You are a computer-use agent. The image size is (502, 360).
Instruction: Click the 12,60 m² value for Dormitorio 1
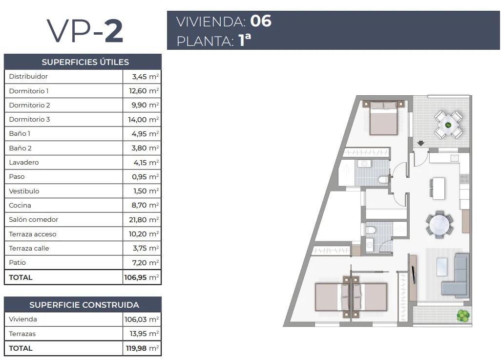click(144, 91)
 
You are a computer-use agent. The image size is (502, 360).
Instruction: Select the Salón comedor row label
click(34, 219)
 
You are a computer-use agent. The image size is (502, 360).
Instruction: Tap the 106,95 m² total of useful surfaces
click(142, 277)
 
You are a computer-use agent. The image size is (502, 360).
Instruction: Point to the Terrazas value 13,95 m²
click(144, 334)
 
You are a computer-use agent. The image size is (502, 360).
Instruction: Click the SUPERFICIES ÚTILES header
click(85, 62)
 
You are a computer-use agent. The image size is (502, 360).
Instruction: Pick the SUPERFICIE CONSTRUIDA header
click(84, 305)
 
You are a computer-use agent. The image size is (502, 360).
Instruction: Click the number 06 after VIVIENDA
click(261, 21)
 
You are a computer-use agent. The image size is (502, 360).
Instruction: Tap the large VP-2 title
click(85, 31)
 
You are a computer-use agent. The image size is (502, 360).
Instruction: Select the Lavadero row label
click(24, 162)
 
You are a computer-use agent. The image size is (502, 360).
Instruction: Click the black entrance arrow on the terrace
click(420, 143)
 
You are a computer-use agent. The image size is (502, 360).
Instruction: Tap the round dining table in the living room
click(439, 225)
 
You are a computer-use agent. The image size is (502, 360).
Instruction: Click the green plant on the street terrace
click(463, 316)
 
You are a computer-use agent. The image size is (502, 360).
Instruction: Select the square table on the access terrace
click(448, 125)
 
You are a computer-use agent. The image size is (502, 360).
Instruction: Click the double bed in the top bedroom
click(383, 118)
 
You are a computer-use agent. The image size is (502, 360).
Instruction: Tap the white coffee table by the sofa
click(442, 267)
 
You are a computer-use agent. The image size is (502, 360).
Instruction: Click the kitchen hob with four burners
click(464, 179)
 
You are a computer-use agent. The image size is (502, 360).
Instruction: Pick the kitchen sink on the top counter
click(455, 158)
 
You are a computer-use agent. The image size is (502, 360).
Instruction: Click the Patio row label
click(17, 262)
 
